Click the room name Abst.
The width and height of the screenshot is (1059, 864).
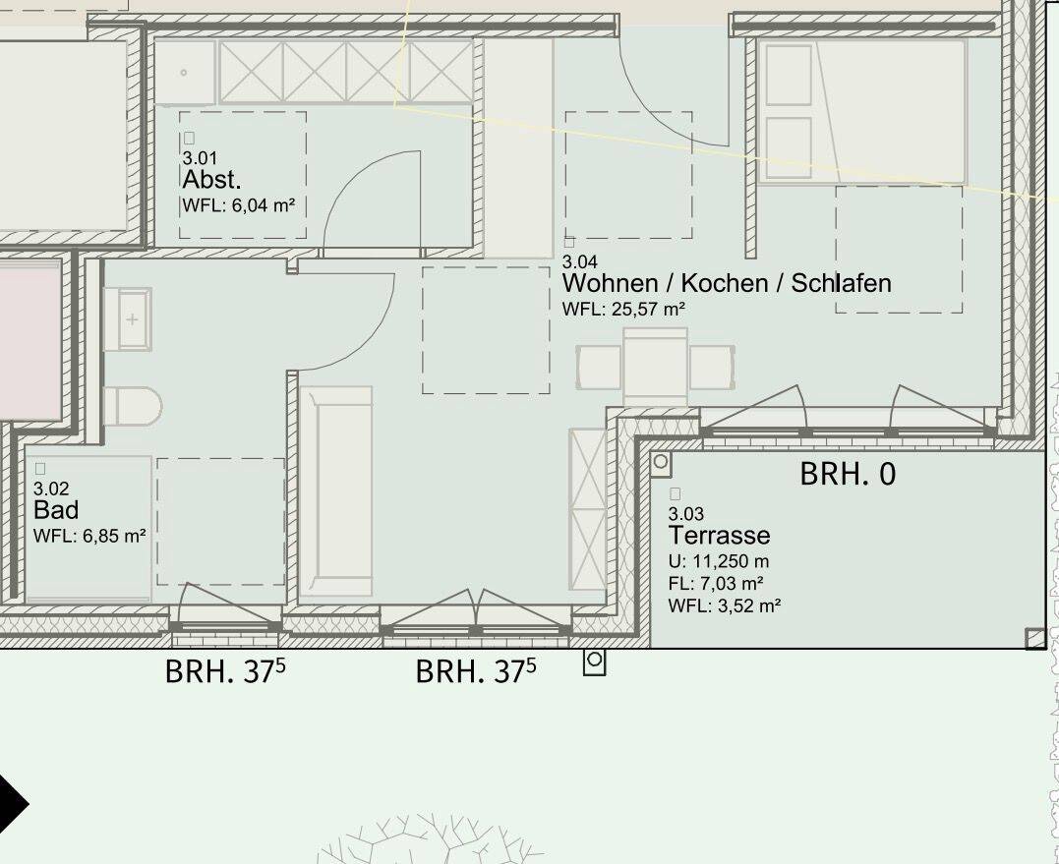[211, 180]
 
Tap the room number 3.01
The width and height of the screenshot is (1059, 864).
[200, 157]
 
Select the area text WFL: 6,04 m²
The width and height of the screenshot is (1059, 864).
[239, 205]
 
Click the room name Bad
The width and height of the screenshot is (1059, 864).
[56, 510]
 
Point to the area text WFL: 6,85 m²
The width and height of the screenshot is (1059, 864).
[89, 536]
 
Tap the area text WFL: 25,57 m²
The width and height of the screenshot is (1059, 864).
[623, 309]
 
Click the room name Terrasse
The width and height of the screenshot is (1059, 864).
[719, 536]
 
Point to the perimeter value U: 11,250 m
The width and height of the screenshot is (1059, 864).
[719, 561]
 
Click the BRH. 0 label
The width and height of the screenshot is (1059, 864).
[848, 474]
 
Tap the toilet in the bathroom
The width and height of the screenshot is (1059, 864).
[131, 405]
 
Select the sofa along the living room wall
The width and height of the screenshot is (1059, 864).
[336, 491]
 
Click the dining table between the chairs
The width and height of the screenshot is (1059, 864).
[655, 366]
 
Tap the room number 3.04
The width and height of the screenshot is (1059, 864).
[579, 262]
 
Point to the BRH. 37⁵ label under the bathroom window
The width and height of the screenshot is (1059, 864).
[226, 672]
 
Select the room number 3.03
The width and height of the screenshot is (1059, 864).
[686, 514]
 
